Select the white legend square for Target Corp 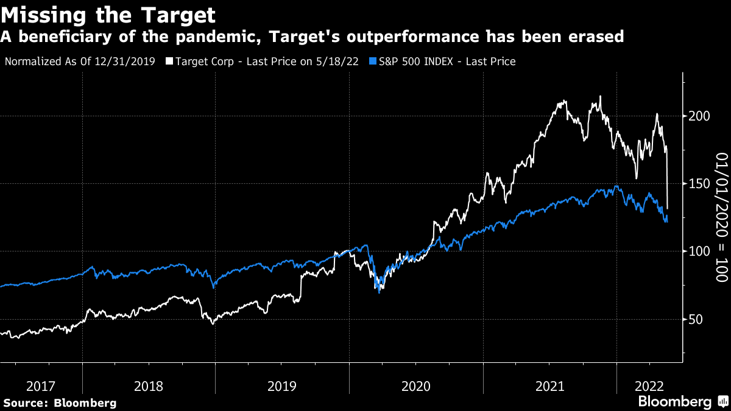pyautogui.click(x=169, y=61)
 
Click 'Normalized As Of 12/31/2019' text pyautogui.click(x=80, y=61)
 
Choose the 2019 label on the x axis pyautogui.click(x=282, y=386)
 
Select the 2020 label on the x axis pyautogui.click(x=416, y=386)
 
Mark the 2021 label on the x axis pyautogui.click(x=550, y=386)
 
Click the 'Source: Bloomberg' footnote pyautogui.click(x=60, y=402)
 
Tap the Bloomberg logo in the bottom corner pyautogui.click(x=674, y=402)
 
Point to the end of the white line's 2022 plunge pyautogui.click(x=668, y=208)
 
